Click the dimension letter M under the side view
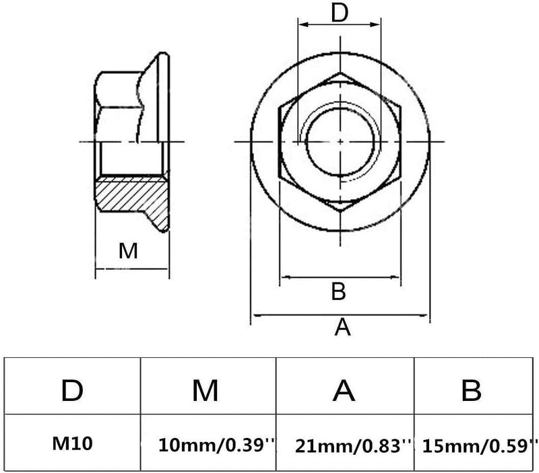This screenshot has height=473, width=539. click(128, 252)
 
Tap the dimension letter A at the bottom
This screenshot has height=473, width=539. click(343, 328)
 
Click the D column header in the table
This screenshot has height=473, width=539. click(71, 391)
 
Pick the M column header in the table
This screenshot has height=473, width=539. click(205, 391)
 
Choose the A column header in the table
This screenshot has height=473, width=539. click(344, 391)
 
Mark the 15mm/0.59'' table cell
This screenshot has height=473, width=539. click(480, 445)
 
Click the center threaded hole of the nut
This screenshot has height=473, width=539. click(340, 141)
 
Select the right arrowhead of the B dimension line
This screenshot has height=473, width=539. click(398, 277)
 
